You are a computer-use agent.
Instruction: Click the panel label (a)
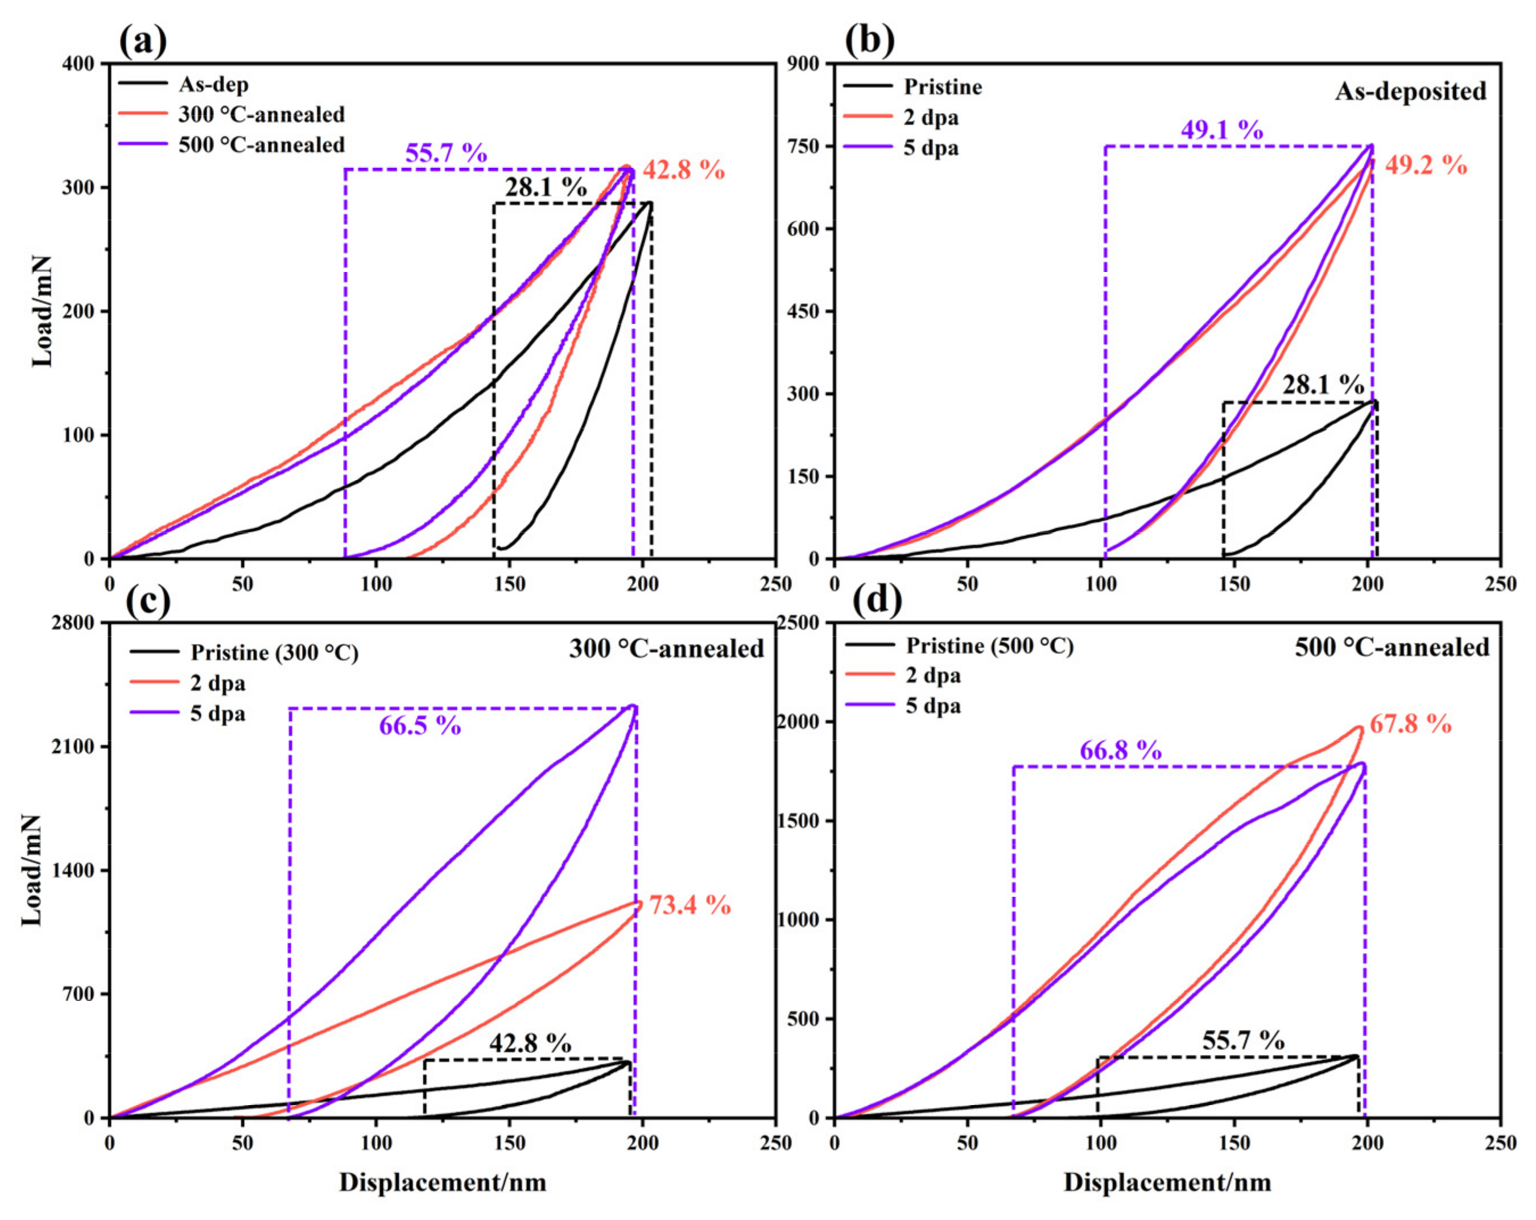[x=142, y=42]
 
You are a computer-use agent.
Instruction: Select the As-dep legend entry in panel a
[x=213, y=84]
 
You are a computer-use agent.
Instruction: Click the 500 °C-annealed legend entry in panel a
[x=261, y=145]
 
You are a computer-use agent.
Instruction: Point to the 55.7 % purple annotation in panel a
[x=446, y=153]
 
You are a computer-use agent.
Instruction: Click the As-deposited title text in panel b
[x=1411, y=91]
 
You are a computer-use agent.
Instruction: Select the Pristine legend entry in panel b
[x=943, y=87]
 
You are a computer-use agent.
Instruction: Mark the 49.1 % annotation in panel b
[x=1222, y=130]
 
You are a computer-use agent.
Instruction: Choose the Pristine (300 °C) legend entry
[x=274, y=652]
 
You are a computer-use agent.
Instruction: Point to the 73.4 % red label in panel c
[x=689, y=905]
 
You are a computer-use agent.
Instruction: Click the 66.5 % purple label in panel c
[x=420, y=726]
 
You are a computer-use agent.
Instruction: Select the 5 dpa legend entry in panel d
[x=932, y=706]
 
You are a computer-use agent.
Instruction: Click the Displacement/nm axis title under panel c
[x=443, y=1182]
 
